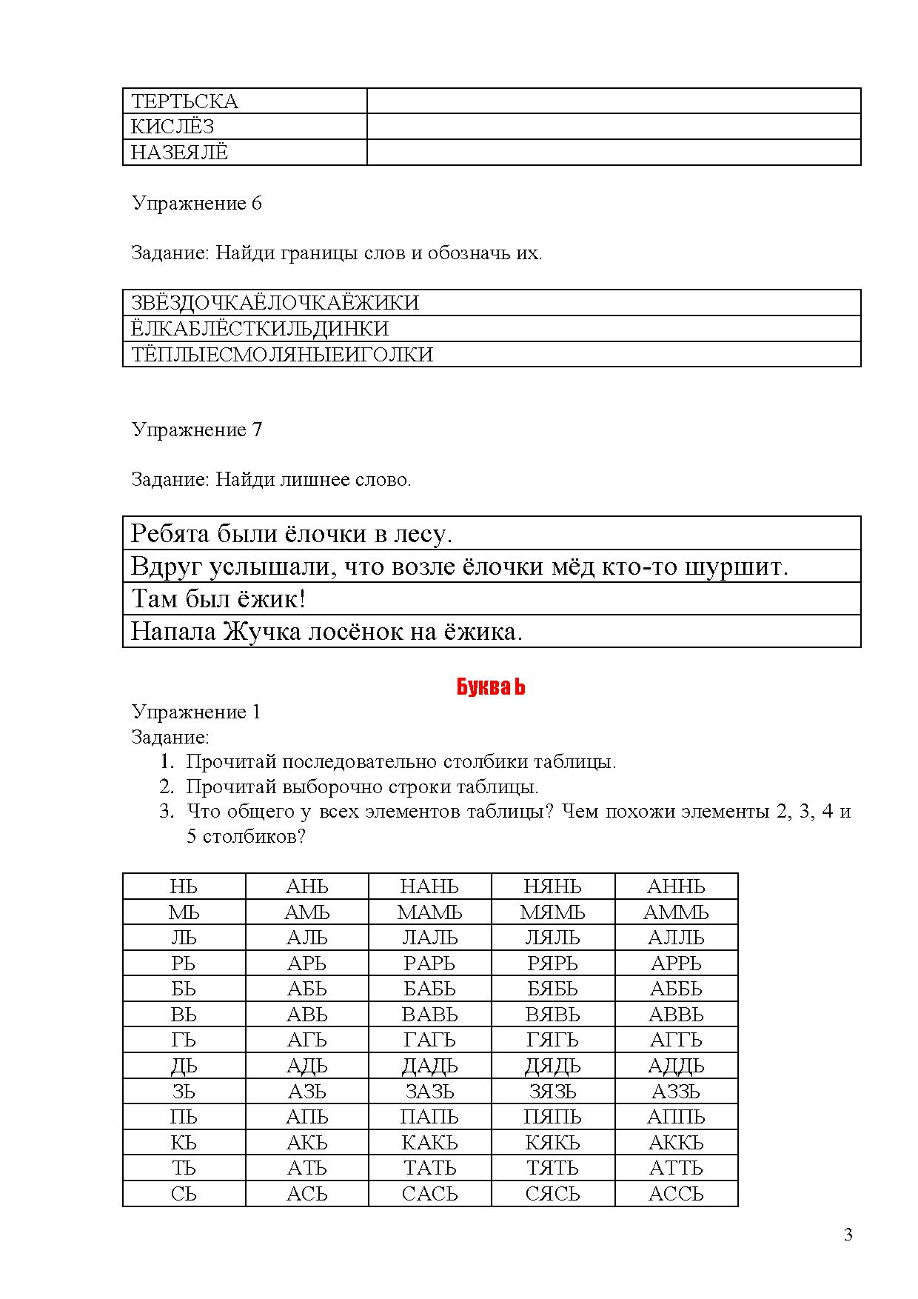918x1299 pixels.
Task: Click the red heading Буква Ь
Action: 491,687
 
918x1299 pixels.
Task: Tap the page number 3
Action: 848,1235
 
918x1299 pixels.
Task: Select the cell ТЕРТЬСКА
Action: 184,101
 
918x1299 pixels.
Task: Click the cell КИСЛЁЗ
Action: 172,127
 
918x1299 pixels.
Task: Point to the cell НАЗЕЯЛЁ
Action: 180,153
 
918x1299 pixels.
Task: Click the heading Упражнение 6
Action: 196,203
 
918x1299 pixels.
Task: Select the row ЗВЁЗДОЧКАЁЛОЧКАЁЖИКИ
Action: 275,303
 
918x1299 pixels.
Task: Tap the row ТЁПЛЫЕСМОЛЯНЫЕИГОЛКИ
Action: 282,355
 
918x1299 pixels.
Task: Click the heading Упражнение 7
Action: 196,430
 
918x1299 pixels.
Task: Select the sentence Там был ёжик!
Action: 218,599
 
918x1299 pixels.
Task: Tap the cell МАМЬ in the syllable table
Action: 429,912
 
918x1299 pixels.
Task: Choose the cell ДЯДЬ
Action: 552,1066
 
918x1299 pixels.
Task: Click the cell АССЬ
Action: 676,1194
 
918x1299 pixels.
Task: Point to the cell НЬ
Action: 184,886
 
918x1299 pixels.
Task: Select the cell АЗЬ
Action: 306,1092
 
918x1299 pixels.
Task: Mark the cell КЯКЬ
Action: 552,1143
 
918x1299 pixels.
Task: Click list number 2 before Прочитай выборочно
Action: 167,787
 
